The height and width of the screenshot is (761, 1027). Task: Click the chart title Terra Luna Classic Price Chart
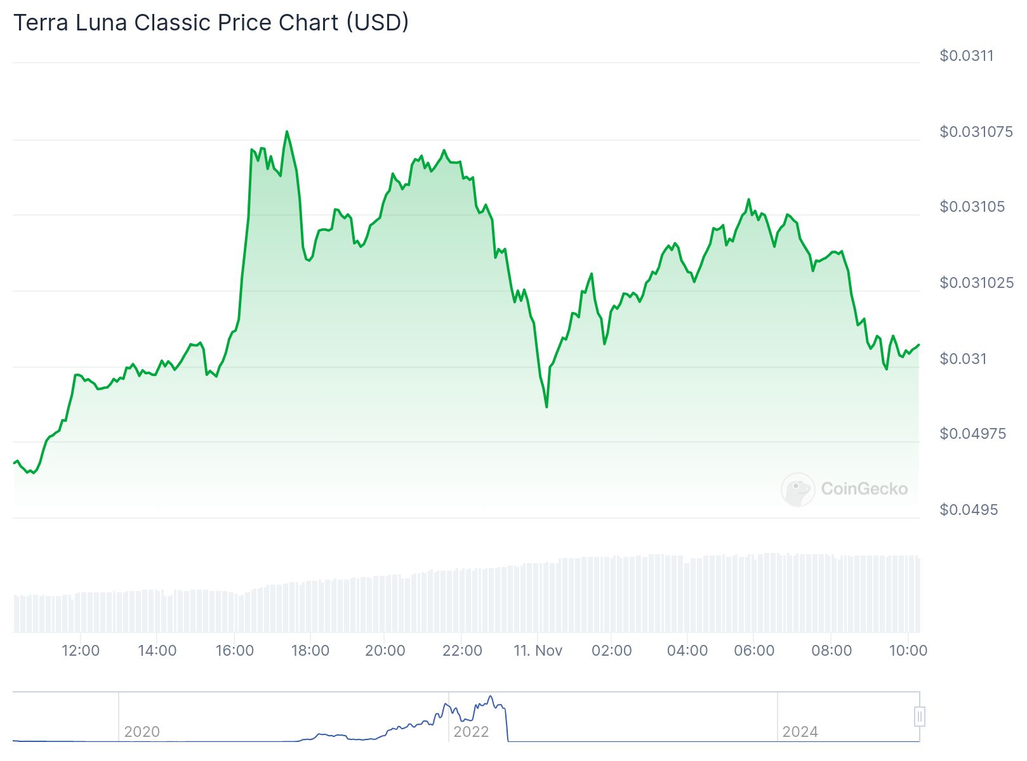point(211,23)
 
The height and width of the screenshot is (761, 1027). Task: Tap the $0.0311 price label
point(967,56)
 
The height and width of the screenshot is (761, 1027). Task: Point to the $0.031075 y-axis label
point(976,132)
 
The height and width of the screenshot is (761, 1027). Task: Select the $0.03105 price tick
point(972,207)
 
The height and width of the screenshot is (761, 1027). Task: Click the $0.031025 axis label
point(976,283)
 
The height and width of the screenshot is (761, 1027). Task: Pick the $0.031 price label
point(963,359)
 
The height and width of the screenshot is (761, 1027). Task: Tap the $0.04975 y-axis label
point(972,434)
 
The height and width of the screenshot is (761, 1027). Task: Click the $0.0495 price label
point(969,510)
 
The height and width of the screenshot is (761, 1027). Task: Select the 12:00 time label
point(81,651)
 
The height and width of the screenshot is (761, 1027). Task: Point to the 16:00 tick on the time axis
point(234,651)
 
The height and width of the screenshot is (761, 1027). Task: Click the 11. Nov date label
point(538,651)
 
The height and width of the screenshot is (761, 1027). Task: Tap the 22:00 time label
point(462,651)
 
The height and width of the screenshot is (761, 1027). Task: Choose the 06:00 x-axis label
point(754,651)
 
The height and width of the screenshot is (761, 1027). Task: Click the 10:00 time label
point(908,651)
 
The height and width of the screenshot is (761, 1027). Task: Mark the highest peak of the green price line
point(287,132)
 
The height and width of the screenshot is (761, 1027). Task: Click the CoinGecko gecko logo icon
point(797,489)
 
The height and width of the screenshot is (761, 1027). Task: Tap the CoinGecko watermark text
point(864,489)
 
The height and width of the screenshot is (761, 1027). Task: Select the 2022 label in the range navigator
point(471,732)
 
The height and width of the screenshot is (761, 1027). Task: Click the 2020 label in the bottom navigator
point(142,732)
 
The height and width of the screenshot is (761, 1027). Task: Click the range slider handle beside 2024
point(919,717)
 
